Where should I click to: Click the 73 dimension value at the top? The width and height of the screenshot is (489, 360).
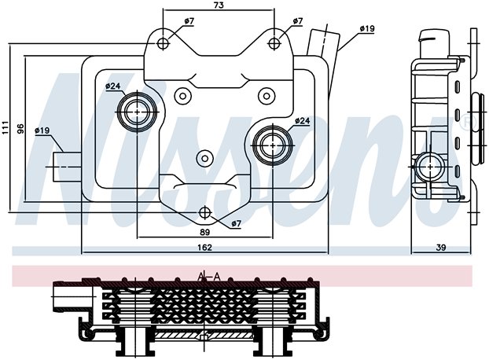click(219, 6)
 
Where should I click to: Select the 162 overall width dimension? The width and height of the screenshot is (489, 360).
click(205, 248)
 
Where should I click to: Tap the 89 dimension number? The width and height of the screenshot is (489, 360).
click(205, 232)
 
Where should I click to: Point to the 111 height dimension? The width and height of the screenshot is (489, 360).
click(6, 127)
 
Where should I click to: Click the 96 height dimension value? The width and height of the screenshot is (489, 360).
click(20, 129)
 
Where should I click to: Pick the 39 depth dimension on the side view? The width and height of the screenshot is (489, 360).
click(441, 248)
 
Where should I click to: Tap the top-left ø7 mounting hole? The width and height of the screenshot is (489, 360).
click(163, 43)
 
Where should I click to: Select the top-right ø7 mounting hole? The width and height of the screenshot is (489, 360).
click(274, 43)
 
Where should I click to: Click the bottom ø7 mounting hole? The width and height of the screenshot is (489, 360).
click(205, 212)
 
